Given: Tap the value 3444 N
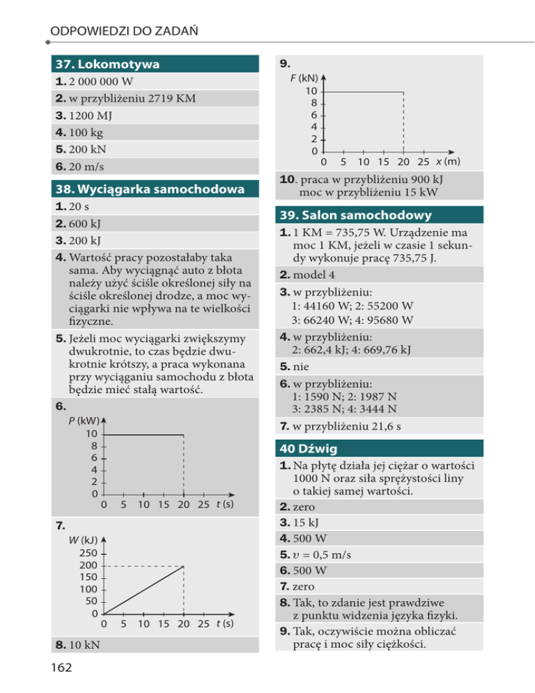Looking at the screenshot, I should [x=384, y=409].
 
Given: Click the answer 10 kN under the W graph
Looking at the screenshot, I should [x=84, y=645].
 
